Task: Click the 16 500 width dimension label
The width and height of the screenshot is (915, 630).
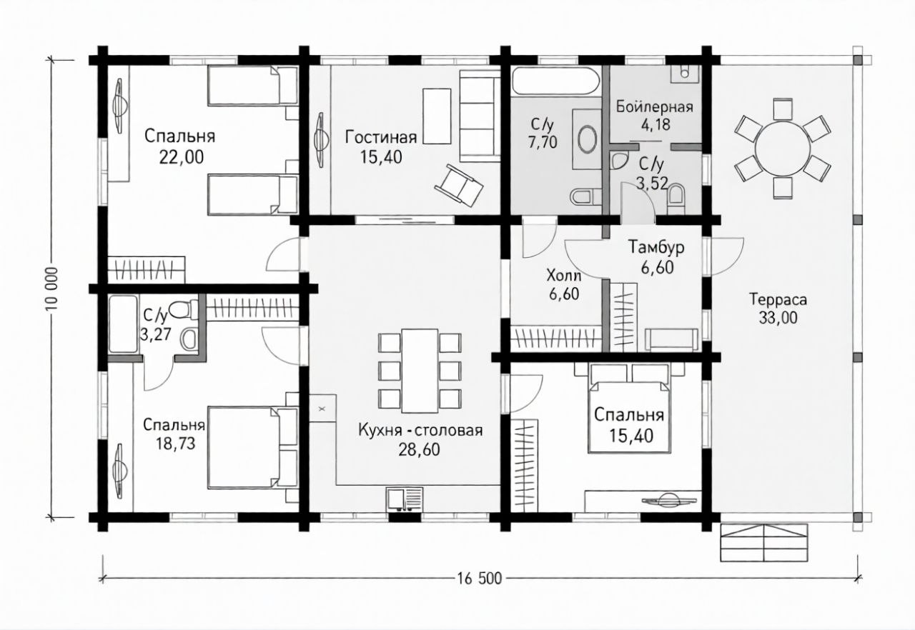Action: point(478,578)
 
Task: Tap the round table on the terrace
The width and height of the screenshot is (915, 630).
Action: point(782,149)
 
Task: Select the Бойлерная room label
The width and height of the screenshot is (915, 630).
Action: point(655,107)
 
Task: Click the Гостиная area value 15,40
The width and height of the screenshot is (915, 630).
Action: point(381,156)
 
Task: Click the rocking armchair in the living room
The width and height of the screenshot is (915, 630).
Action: point(459,186)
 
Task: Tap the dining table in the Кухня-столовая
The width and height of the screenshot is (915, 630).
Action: point(420,371)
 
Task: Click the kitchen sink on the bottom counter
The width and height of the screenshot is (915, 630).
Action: point(405,499)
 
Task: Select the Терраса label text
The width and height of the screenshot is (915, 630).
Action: point(778,300)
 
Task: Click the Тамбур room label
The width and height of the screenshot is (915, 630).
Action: point(656,247)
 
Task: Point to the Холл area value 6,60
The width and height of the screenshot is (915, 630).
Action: point(564,294)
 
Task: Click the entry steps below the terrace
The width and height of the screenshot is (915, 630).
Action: point(764,542)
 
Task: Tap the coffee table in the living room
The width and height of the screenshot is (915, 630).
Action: point(437,116)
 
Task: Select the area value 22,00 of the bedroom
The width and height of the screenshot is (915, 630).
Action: point(182,157)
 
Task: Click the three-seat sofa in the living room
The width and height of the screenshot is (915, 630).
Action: point(480,116)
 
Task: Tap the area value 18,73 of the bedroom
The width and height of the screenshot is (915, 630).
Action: point(175,444)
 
